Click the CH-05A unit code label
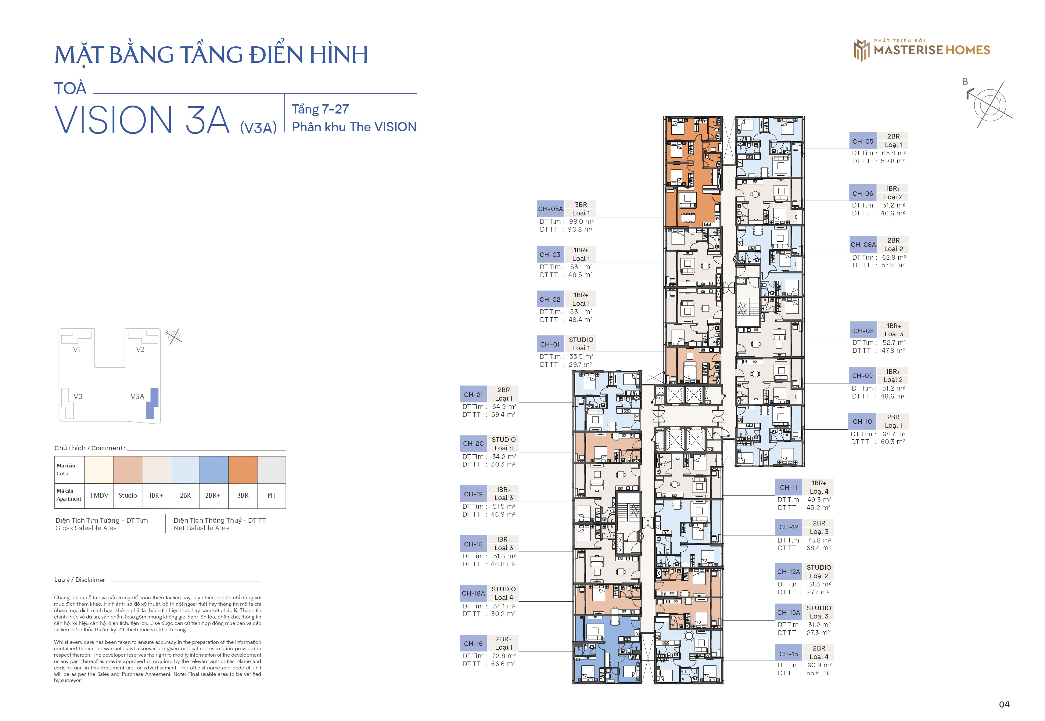(550, 209)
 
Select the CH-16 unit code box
(473, 643)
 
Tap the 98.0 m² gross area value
(581, 221)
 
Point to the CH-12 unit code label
(788, 527)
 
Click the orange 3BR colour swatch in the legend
(243, 470)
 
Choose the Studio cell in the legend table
(128, 496)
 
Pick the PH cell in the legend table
(271, 496)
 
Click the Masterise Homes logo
(921, 50)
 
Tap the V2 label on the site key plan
(140, 349)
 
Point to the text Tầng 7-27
(320, 109)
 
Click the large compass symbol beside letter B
(990, 105)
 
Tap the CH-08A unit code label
(863, 244)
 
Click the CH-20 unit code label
(473, 444)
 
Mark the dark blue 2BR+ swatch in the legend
(214, 470)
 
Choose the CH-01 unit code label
(550, 344)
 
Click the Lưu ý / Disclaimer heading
(80, 580)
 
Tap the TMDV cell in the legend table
(99, 496)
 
